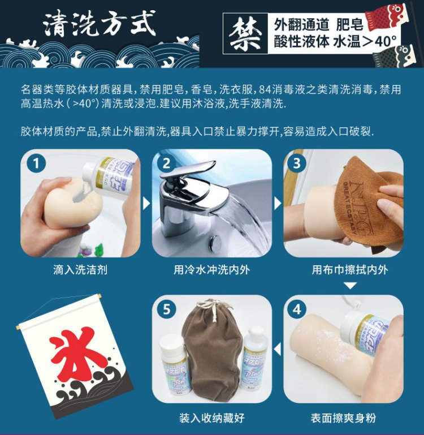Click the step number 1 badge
click(x=36, y=163)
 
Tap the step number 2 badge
click(x=166, y=163)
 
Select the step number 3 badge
click(x=297, y=163)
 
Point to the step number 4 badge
click(x=297, y=309)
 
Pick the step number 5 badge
click(x=166, y=309)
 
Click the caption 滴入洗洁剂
click(x=80, y=270)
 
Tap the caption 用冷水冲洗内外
click(x=212, y=270)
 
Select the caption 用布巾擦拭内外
click(x=350, y=270)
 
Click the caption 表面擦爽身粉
click(x=343, y=418)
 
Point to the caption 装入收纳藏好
click(x=212, y=418)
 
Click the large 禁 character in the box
click(x=245, y=34)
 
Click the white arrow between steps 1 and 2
click(x=146, y=203)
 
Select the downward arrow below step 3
click(x=351, y=286)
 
